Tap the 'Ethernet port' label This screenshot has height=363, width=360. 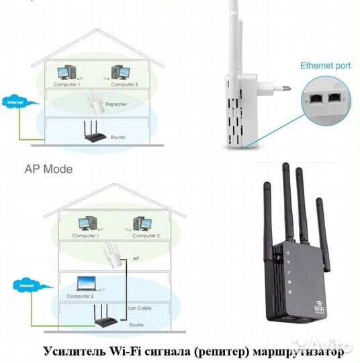tap(324, 66)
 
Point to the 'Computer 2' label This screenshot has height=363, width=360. tap(81, 296)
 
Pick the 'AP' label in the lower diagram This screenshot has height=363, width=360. tap(136, 258)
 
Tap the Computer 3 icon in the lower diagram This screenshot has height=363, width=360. tap(141, 223)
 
